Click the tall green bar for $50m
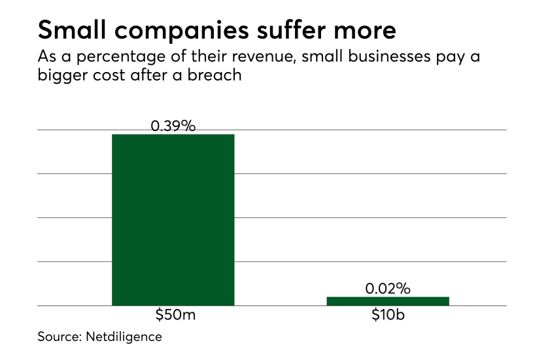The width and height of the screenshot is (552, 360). pyautogui.click(x=173, y=219)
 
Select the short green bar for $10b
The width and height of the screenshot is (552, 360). pyautogui.click(x=388, y=301)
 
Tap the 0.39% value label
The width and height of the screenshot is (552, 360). pyautogui.click(x=173, y=126)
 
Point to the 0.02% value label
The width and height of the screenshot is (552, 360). pyautogui.click(x=388, y=289)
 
